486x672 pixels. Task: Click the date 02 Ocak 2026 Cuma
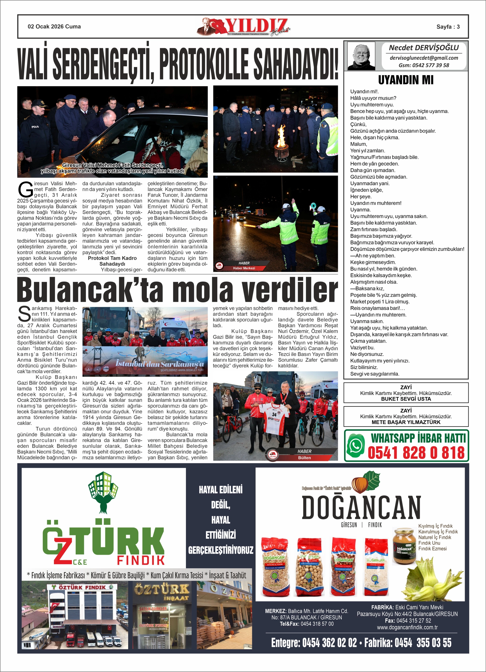coord(54,27)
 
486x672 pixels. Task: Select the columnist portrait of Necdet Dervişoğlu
coord(361,56)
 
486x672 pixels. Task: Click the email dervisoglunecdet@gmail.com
coord(424,58)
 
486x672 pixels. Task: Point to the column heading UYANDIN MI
coord(406,80)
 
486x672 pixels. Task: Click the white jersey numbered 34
coord(273,418)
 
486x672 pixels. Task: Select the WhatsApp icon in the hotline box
coord(356,446)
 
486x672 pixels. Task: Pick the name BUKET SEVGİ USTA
coord(406,399)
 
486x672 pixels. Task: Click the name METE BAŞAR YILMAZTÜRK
coord(406,422)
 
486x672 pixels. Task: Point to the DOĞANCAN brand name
coord(361,507)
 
